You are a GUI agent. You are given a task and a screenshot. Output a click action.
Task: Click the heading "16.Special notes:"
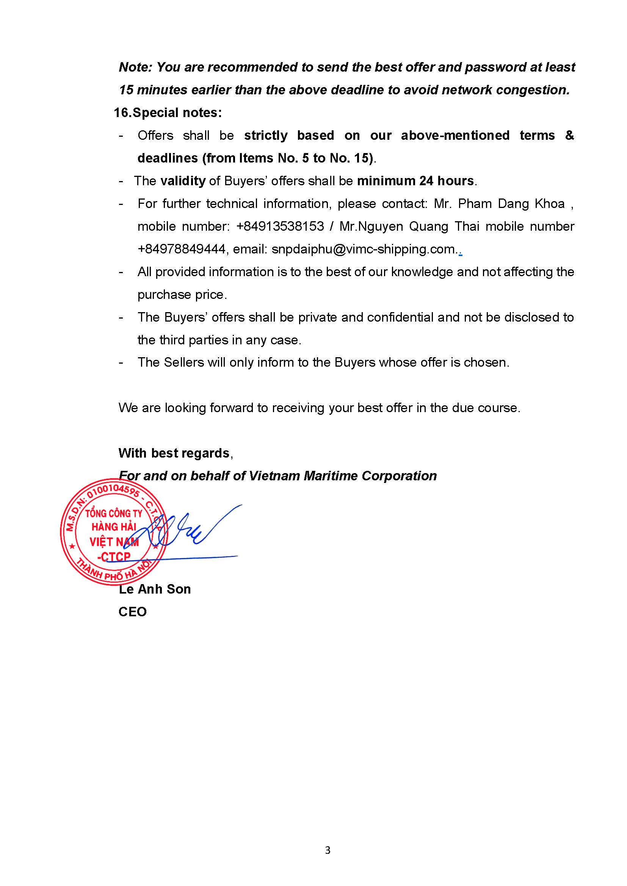click(x=168, y=113)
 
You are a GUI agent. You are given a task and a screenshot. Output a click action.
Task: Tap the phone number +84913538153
click(x=280, y=226)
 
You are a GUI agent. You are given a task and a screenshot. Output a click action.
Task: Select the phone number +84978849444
click(x=182, y=249)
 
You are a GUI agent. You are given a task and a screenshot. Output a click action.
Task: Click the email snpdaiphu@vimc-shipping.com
click(x=363, y=249)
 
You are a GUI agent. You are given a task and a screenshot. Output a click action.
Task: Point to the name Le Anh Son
click(x=155, y=589)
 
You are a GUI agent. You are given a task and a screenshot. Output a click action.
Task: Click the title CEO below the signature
click(x=132, y=612)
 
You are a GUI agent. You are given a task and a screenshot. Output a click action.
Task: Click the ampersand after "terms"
click(x=569, y=136)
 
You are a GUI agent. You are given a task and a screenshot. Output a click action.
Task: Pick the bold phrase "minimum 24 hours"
click(x=415, y=181)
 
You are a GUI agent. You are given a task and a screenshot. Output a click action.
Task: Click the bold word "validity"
click(x=183, y=181)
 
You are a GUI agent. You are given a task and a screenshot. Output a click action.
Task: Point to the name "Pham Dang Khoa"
click(x=511, y=203)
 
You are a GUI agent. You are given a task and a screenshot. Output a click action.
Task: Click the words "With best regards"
click(x=174, y=453)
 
